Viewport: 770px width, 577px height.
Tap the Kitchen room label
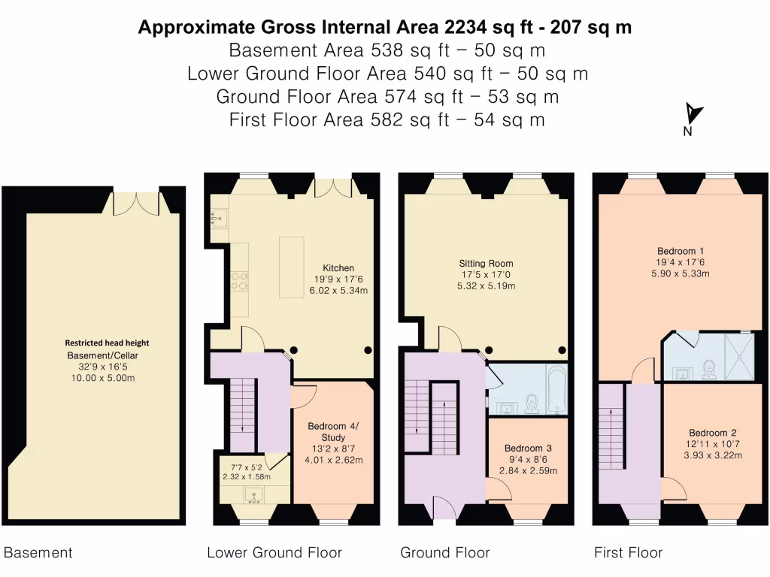(338, 268)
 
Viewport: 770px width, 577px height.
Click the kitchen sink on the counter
(219, 219)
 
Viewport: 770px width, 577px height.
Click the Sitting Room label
(486, 264)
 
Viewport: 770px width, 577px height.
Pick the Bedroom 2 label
(712, 433)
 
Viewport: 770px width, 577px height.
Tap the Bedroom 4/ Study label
(333, 432)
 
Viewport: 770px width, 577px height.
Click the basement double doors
(137, 202)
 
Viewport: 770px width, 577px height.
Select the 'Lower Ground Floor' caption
(274, 553)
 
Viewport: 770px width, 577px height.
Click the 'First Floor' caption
(628, 553)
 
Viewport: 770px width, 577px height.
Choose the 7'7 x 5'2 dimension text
(247, 467)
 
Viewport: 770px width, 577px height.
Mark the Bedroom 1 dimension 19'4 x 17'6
(681, 262)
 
